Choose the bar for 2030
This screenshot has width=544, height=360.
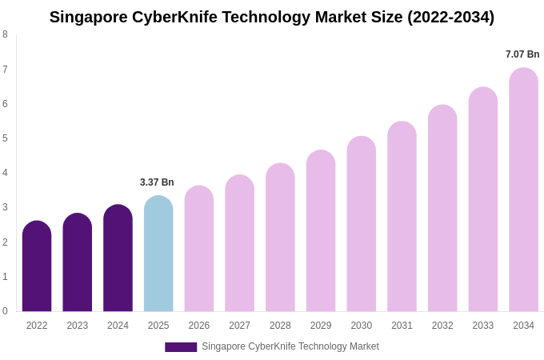361,224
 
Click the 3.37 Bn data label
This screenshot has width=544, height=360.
157,182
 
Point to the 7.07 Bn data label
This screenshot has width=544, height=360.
522,54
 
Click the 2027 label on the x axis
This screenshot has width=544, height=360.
239,326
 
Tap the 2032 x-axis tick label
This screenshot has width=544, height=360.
442,326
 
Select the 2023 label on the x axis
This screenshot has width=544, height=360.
78,326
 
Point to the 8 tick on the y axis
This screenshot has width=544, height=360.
5,34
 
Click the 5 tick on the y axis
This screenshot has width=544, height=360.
5,138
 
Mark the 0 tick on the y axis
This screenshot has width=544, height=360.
5,311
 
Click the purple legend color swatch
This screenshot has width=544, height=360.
181,347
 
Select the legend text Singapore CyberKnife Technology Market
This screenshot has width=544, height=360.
290,346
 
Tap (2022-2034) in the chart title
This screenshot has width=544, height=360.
450,17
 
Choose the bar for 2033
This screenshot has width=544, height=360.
483,199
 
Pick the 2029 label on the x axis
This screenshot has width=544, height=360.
321,326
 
